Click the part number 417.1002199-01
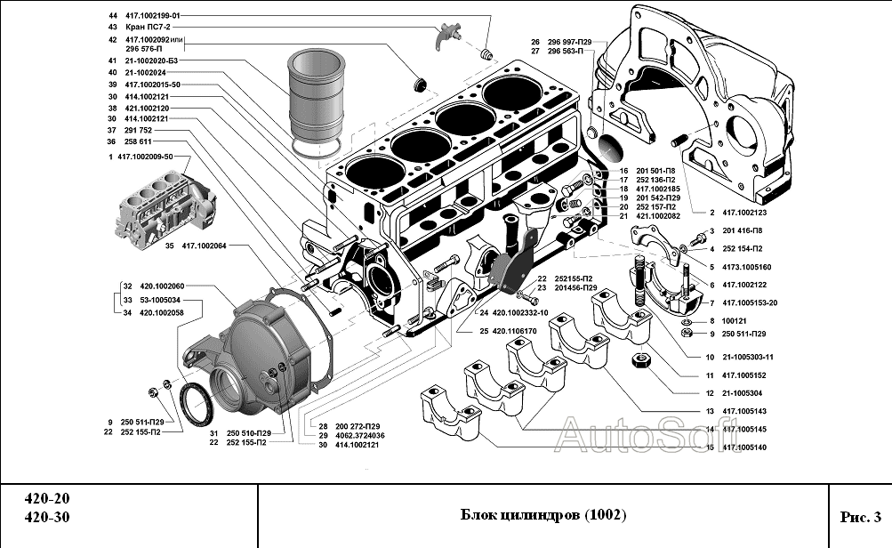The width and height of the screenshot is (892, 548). (x=153, y=16)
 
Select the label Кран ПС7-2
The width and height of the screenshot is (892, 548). (x=144, y=28)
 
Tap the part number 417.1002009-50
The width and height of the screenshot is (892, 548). (x=152, y=157)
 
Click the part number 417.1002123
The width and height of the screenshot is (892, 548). (x=745, y=213)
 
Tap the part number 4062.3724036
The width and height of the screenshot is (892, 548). (x=359, y=435)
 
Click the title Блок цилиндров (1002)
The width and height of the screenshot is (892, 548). (x=543, y=515)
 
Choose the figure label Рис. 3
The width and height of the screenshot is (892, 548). (x=859, y=516)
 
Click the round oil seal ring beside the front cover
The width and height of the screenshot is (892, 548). (x=197, y=400)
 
